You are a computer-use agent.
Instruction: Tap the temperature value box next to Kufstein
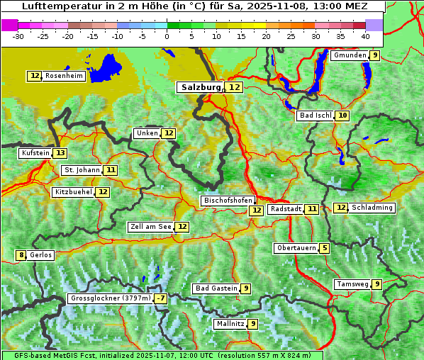(60, 153)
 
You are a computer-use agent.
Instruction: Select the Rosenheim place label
(64, 76)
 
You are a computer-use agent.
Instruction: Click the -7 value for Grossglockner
(161, 299)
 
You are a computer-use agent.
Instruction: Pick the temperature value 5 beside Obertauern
(324, 248)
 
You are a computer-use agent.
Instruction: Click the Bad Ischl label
(315, 116)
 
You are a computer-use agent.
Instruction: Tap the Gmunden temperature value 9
(374, 55)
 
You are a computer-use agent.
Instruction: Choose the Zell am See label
(151, 227)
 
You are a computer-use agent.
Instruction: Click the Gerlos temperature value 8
(21, 255)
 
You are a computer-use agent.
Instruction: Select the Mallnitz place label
(230, 324)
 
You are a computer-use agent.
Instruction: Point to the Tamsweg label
(352, 284)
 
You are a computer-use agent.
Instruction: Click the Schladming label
(372, 208)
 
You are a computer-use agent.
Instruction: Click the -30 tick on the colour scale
(18, 36)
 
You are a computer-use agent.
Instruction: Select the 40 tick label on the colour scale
(365, 36)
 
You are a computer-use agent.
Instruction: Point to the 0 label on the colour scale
(167, 36)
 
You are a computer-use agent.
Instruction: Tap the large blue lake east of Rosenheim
(106, 66)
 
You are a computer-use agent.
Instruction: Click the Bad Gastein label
(216, 288)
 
